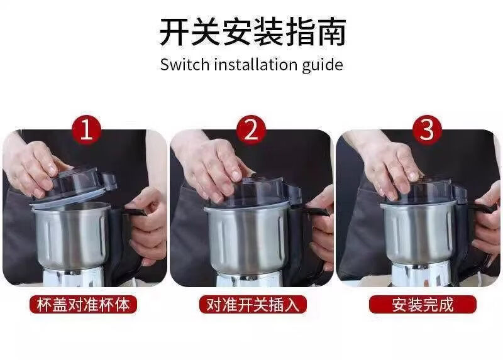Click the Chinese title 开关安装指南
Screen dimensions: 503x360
tap(253, 32)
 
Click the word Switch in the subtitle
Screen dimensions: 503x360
tap(184, 65)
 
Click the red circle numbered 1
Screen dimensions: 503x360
tap(86, 130)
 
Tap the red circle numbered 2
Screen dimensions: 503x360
tap(251, 130)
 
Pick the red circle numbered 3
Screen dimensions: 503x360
tap(427, 130)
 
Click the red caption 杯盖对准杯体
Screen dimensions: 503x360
tap(83, 305)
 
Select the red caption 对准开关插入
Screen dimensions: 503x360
tap(253, 305)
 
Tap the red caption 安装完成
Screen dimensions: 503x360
tap(423, 305)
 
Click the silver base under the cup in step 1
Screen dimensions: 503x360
tap(73, 276)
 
